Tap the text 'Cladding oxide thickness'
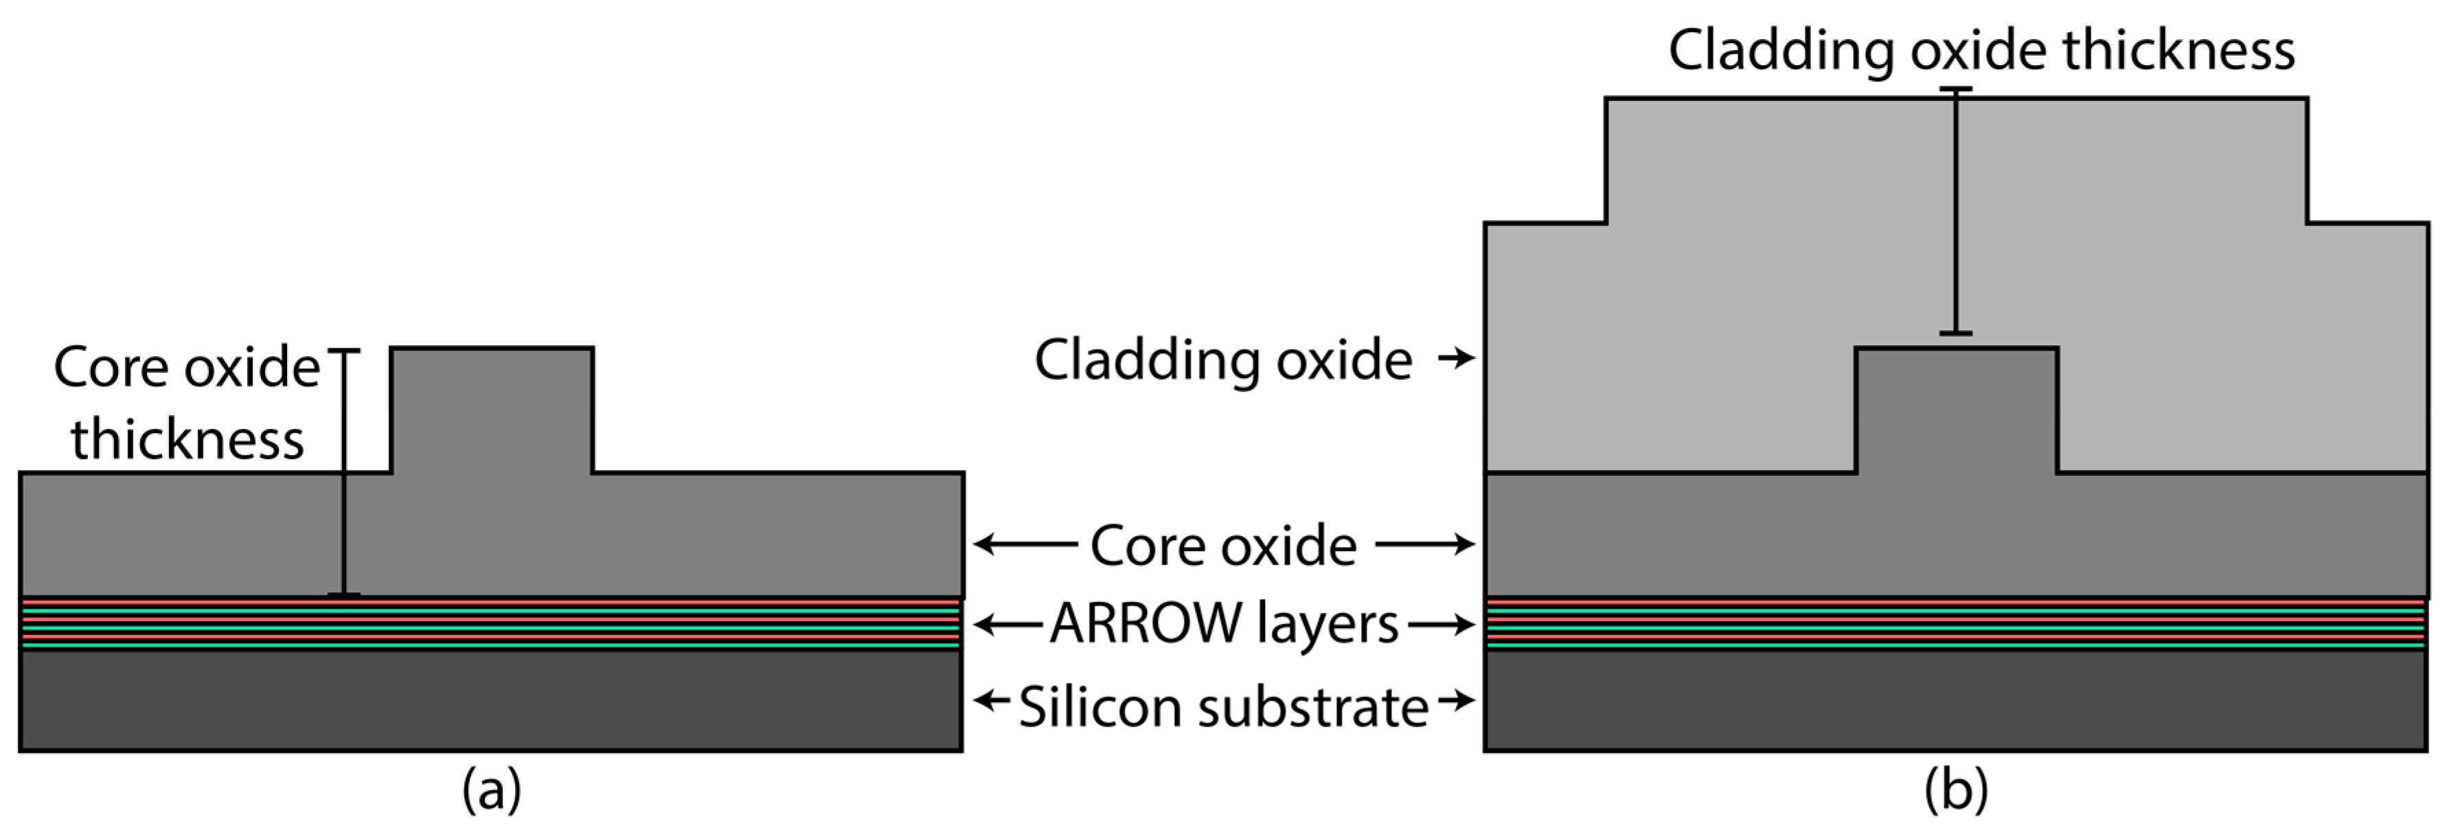point(1981,49)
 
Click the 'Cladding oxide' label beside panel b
point(1224,360)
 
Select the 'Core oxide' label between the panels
point(1224,546)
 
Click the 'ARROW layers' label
point(1224,625)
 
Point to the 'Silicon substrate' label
point(1224,708)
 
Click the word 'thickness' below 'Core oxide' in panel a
point(187,440)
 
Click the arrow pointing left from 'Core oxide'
point(1025,544)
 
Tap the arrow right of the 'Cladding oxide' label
point(1455,358)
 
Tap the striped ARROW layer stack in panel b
point(1956,625)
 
